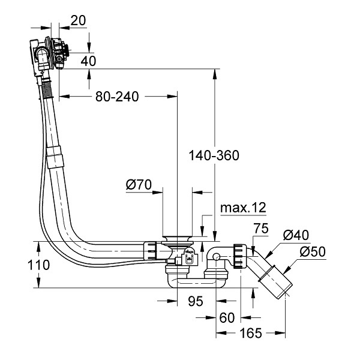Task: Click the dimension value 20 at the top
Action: coord(78,20)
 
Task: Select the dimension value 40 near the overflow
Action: coord(88,61)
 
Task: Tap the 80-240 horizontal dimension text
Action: coord(117,97)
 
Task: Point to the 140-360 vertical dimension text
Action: coord(214,155)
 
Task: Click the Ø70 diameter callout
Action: coord(139,184)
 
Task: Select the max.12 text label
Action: coord(243,208)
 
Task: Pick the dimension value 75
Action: coord(261,229)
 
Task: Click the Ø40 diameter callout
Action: coord(296,235)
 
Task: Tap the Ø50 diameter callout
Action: coord(313,251)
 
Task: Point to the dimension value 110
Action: coord(38,265)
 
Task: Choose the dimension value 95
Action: coord(196,301)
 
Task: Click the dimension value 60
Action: coord(227,318)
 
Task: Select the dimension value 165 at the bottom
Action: coord(251,333)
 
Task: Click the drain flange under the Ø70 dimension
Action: coord(177,239)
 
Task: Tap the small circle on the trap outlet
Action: coord(216,257)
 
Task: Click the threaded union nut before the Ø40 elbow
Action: coord(240,256)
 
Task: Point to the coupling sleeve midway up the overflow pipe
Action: coord(55,157)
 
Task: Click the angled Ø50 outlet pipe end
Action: coord(275,281)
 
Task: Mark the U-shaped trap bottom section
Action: coord(196,283)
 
